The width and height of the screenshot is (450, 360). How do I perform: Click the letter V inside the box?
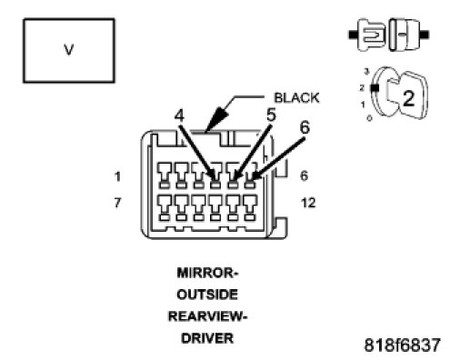[x=69, y=50]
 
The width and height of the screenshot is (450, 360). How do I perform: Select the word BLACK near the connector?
[x=296, y=97]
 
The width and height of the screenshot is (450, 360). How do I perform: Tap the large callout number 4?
[x=179, y=115]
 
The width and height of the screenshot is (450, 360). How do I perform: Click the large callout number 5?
[x=271, y=115]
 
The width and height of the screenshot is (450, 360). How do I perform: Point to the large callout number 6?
[x=305, y=127]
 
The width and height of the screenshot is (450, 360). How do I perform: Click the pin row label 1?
[x=117, y=176]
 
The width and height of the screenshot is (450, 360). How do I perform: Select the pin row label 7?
[x=117, y=203]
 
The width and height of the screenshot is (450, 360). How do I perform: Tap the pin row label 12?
[x=308, y=203]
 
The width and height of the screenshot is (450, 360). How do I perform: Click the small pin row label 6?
[x=305, y=175]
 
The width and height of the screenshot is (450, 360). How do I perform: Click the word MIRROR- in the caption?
[x=207, y=273]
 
